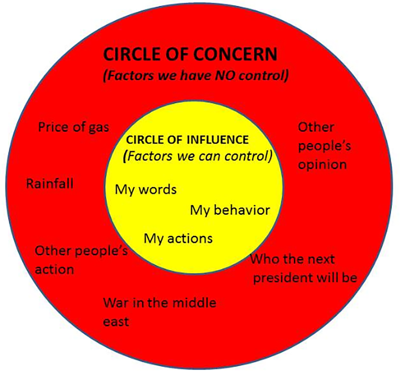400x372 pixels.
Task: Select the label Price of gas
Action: tap(74, 128)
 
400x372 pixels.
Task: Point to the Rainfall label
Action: tap(50, 184)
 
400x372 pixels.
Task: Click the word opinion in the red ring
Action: tap(322, 165)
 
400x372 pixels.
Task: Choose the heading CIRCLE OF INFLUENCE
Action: tap(187, 140)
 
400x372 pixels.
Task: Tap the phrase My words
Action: tap(146, 189)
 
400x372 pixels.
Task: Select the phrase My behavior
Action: tap(230, 210)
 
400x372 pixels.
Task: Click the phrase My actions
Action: tap(178, 238)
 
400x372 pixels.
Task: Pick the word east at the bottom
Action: tap(116, 322)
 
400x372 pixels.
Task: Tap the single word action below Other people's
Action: tap(54, 269)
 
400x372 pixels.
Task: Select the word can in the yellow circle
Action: tap(210, 156)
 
